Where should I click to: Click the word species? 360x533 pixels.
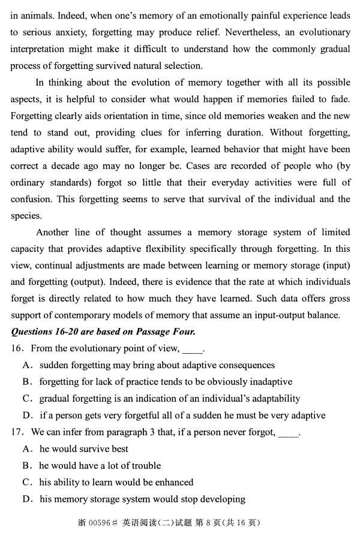26,215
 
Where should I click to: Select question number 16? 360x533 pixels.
17,348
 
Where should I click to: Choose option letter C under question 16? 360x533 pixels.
26,399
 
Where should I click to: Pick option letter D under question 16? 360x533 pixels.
26,415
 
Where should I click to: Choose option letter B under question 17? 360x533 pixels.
26,466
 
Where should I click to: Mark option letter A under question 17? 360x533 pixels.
26,449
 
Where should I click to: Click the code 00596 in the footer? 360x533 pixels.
103,523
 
